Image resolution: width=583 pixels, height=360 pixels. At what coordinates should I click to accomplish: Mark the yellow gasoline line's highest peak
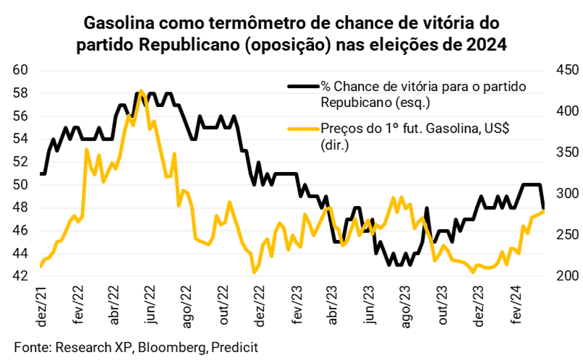click(x=141, y=91)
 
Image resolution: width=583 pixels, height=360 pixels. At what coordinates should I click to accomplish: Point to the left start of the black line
click(x=41, y=173)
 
